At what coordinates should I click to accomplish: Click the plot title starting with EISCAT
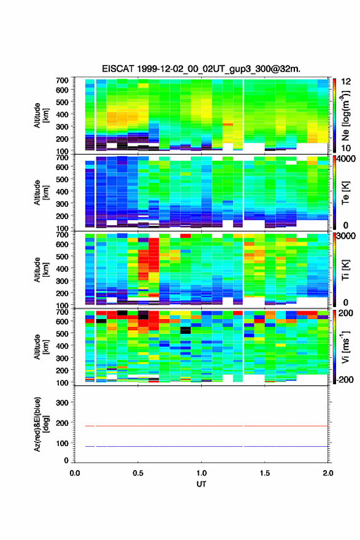(x=201, y=69)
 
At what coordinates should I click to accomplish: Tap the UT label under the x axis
(x=201, y=484)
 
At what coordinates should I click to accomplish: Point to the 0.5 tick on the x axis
(x=138, y=473)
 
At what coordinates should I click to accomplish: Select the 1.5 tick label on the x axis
(x=265, y=473)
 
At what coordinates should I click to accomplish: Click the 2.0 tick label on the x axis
(x=328, y=473)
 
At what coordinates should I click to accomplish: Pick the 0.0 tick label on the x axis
(x=75, y=473)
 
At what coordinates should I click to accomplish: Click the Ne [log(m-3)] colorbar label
(x=345, y=115)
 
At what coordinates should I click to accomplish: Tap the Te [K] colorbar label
(x=345, y=193)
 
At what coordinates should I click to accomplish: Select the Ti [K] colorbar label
(x=345, y=269)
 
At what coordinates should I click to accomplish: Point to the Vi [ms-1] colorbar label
(x=345, y=347)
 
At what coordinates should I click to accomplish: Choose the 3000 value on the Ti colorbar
(x=345, y=236)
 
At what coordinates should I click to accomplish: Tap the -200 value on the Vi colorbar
(x=344, y=379)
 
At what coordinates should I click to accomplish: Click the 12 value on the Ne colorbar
(x=346, y=82)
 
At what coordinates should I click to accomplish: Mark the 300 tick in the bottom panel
(x=62, y=403)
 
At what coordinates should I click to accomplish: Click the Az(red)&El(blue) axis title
(x=41, y=424)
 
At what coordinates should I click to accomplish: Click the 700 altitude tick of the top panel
(x=62, y=80)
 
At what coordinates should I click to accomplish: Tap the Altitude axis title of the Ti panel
(x=41, y=269)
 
